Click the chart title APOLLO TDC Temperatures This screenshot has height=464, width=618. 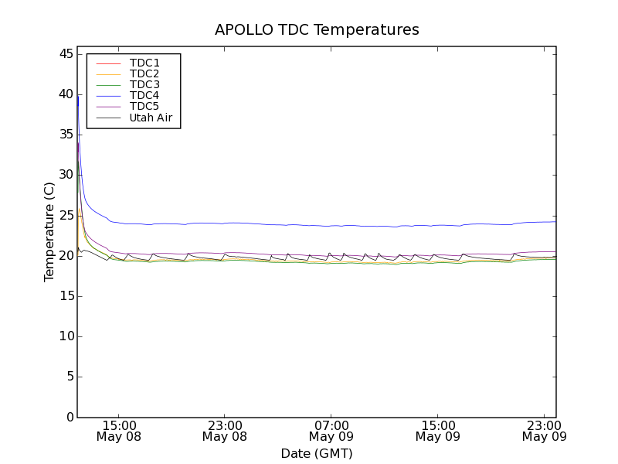[x=317, y=30]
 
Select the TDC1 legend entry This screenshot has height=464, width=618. [x=144, y=63]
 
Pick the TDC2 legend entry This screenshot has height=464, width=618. [x=144, y=73]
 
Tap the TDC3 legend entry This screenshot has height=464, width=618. [x=144, y=84]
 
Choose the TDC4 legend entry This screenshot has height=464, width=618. [x=144, y=95]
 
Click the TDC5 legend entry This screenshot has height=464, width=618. [x=144, y=107]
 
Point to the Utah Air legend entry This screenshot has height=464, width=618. [x=151, y=118]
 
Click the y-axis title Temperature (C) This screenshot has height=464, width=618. [x=49, y=232]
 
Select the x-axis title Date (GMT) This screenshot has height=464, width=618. [x=317, y=453]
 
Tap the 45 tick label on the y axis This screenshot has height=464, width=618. [x=64, y=54]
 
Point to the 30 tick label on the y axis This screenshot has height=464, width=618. [x=64, y=175]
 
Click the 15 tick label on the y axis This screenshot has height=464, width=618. [x=64, y=296]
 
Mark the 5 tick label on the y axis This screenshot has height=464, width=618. [x=68, y=377]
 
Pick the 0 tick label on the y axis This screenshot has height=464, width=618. [x=68, y=418]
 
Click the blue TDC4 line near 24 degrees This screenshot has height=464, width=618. [x=309, y=225]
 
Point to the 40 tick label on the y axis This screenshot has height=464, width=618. [x=64, y=94]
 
